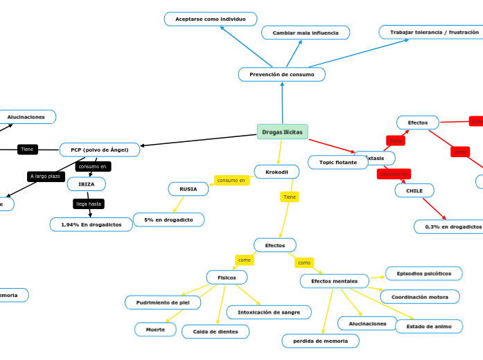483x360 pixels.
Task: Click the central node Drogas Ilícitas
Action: pyautogui.click(x=282, y=132)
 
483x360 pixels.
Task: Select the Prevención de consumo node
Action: pyautogui.click(x=281, y=74)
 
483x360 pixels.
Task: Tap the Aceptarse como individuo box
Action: pyautogui.click(x=210, y=19)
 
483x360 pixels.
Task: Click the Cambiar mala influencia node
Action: pyautogui.click(x=305, y=33)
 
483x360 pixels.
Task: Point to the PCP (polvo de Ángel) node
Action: pyautogui.click(x=99, y=150)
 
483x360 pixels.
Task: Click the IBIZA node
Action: pyautogui.click(x=86, y=184)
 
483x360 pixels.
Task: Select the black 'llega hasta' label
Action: pyautogui.click(x=89, y=204)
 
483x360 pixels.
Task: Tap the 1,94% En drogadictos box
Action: pyautogui.click(x=91, y=224)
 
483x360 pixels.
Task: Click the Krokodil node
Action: pyautogui.click(x=276, y=171)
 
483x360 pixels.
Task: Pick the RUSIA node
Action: pyautogui.click(x=188, y=188)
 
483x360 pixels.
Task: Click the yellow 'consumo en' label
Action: pyautogui.click(x=231, y=180)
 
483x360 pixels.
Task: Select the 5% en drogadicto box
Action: pyautogui.click(x=168, y=219)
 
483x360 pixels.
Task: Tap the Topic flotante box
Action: pyautogui.click(x=337, y=162)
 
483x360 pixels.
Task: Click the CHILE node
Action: pyautogui.click(x=414, y=190)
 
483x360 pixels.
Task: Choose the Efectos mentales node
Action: pyautogui.click(x=334, y=281)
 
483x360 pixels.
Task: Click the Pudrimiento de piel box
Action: pyautogui.click(x=163, y=303)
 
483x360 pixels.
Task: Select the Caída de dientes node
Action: pyautogui.click(x=215, y=332)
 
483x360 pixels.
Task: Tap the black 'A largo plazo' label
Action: pyautogui.click(x=46, y=177)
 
